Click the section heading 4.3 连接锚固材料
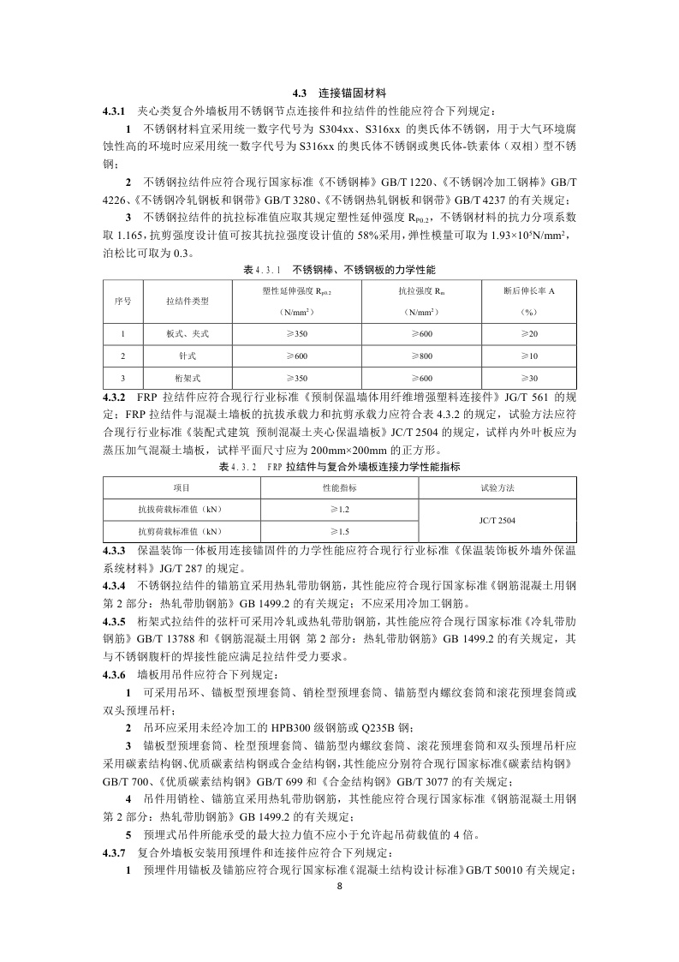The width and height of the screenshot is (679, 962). click(338, 93)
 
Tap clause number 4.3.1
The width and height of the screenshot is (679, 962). click(114, 111)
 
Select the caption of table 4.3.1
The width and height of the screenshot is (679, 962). click(339, 270)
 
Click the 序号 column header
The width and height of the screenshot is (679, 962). click(122, 302)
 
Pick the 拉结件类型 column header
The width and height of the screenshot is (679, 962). click(188, 302)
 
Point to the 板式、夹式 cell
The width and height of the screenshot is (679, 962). click(188, 333)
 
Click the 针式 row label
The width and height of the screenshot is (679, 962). click(188, 356)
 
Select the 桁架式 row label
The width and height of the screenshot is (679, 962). click(188, 378)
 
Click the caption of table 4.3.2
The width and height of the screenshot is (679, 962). click(339, 467)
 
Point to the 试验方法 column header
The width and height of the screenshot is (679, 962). click(497, 487)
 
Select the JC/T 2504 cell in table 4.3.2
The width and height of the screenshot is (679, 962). click(497, 520)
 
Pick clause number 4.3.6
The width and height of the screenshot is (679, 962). click(114, 675)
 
